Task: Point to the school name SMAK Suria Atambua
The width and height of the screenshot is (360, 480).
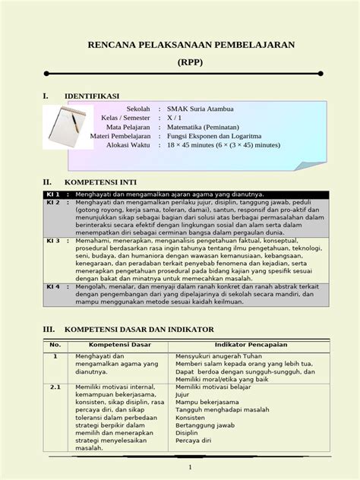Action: click(x=201, y=109)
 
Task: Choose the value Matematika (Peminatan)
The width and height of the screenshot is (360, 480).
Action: click(x=210, y=127)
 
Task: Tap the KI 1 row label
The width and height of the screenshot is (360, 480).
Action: click(x=53, y=195)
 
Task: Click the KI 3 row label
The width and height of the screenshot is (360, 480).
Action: click(x=53, y=240)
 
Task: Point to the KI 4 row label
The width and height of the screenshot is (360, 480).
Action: click(x=53, y=287)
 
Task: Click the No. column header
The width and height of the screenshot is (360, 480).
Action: click(x=55, y=345)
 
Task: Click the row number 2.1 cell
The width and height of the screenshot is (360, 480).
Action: click(x=55, y=387)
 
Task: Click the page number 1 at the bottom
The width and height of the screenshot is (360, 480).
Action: click(x=189, y=467)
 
